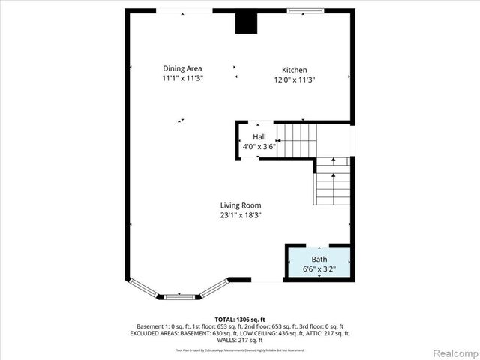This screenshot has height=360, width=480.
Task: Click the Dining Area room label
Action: click(x=183, y=68)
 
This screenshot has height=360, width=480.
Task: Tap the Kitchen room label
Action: click(x=294, y=70)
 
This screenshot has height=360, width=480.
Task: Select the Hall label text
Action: click(x=259, y=136)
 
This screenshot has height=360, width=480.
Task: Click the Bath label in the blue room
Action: click(x=319, y=259)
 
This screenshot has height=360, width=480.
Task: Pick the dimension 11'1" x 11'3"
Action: click(x=183, y=78)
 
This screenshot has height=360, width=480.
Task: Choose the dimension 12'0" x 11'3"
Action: click(x=294, y=79)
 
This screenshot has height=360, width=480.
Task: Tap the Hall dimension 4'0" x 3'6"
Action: click(x=259, y=147)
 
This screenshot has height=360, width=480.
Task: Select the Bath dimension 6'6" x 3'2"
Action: click(x=319, y=268)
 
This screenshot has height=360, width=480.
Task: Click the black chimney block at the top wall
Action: click(x=246, y=22)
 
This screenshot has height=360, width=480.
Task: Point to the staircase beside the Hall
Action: click(x=298, y=140)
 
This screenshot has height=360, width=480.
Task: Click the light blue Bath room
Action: click(x=319, y=263)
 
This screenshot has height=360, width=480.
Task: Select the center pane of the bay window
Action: click(x=180, y=297)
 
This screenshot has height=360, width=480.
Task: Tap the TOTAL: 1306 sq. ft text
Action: click(x=239, y=319)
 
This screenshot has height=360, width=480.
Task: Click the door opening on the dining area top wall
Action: click(x=184, y=10)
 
